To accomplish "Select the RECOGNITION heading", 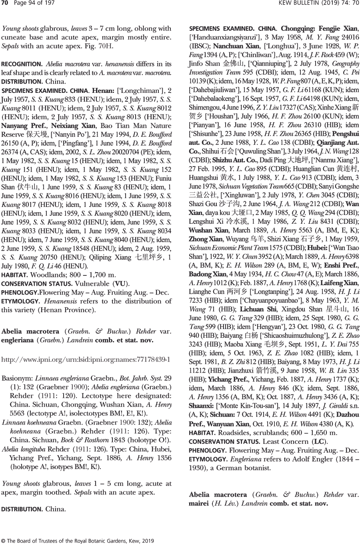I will coord(22,64).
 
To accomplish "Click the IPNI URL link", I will coord(86,359).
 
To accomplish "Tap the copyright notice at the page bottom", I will coord(78,540).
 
